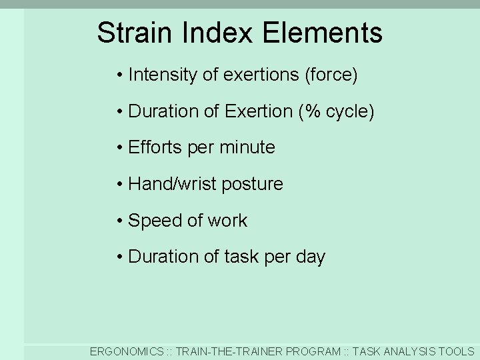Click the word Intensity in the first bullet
point(162,75)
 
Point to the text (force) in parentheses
point(331,75)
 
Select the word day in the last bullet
point(311,257)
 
